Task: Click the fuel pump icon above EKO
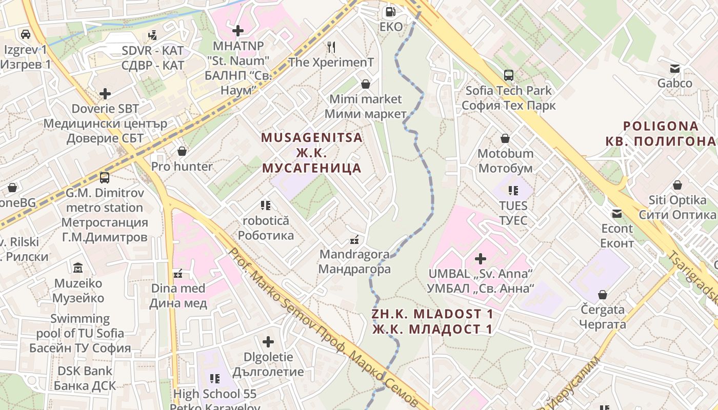[x=391, y=11]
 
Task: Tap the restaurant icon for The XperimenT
[x=331, y=47]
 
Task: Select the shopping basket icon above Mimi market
[x=366, y=84]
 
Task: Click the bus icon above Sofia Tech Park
[x=509, y=75]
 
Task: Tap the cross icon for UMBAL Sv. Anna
[x=481, y=259]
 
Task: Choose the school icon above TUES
[x=513, y=191]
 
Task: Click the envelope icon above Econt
[x=616, y=213]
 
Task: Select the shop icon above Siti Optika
[x=677, y=185]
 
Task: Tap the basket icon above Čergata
[x=603, y=295]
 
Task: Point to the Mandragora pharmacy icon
[x=354, y=239]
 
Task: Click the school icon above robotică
[x=265, y=206]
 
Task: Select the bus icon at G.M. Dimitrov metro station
[x=105, y=178]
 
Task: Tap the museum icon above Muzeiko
[x=78, y=268]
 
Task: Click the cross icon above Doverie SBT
[x=105, y=94]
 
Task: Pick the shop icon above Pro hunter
[x=182, y=151]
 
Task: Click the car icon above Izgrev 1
[x=25, y=34]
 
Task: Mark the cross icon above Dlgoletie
[x=268, y=342]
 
